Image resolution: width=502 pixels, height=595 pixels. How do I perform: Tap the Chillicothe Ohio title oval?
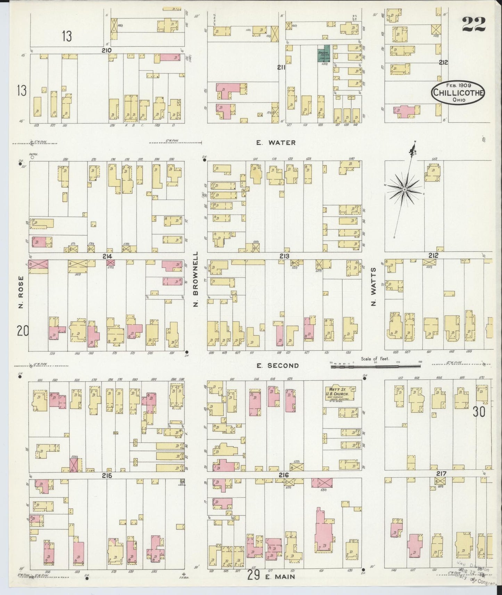coord(458,93)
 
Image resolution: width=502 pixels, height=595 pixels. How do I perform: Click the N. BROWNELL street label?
coord(196,279)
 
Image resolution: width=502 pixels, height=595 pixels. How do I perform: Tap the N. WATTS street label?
coord(374,287)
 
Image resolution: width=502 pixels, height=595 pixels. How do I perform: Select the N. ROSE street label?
coord(21,292)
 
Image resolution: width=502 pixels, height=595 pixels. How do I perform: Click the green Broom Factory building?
coord(324,54)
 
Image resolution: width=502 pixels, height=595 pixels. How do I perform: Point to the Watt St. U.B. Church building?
coord(340,394)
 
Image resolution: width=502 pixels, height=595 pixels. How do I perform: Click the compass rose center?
coord(405,189)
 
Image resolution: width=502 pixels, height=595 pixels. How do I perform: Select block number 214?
coord(107,256)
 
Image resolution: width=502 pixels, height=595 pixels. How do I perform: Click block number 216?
coord(284,475)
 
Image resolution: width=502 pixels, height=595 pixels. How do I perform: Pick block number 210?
coord(106,50)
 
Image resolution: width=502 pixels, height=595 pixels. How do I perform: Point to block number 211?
coord(281,68)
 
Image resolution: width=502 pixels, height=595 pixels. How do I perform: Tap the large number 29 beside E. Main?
coord(254,576)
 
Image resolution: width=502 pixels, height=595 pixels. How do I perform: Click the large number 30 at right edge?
coord(478,412)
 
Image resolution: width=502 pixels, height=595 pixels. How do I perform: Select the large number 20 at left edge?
coord(23,331)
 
